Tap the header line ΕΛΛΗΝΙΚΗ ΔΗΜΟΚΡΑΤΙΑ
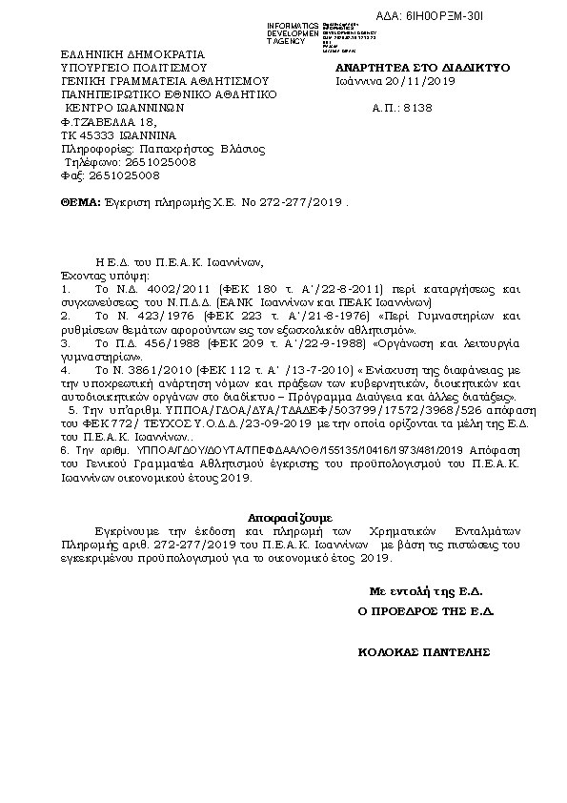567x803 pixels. point(119,56)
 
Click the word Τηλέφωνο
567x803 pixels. point(91,162)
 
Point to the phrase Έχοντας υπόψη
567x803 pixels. point(98,273)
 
